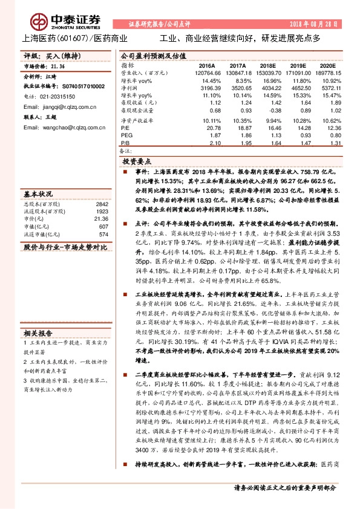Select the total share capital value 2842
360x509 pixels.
click(x=102, y=204)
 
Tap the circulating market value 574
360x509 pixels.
click(x=103, y=234)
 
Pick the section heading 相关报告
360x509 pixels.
click(x=38, y=333)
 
